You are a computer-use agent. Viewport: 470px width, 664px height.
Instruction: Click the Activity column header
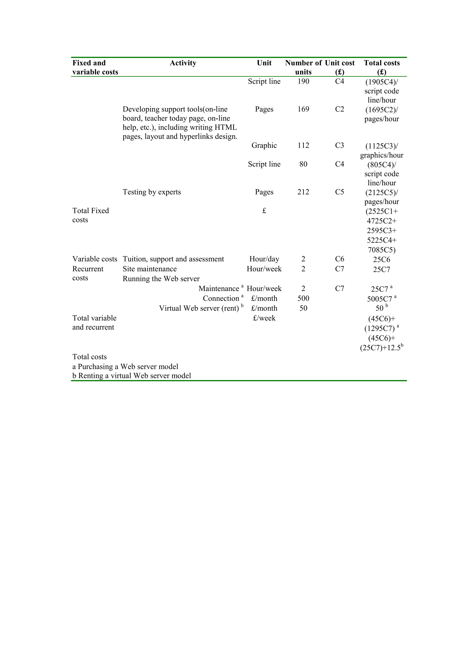click(183, 63)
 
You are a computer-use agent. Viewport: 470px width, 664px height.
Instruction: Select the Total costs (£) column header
click(381, 67)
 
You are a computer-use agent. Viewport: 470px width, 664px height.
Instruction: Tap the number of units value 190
click(303, 82)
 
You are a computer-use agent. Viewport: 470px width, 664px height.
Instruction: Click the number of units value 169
click(303, 109)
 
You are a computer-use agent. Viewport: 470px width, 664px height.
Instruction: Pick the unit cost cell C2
click(339, 109)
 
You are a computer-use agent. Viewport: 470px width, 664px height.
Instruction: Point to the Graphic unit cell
click(264, 145)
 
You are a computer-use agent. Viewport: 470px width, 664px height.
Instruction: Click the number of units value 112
click(303, 145)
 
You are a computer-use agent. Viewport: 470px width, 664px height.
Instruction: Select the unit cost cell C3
click(339, 145)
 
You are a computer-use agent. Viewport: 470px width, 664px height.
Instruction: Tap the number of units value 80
click(303, 164)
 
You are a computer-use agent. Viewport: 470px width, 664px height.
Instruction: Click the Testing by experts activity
click(151, 192)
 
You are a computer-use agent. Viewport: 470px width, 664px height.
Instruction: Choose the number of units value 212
click(303, 192)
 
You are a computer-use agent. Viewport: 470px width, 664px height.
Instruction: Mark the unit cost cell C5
click(339, 192)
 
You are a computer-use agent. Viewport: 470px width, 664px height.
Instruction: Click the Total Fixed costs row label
click(90, 215)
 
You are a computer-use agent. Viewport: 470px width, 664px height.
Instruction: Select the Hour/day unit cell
click(264, 259)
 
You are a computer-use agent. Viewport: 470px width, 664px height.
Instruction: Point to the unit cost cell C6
click(339, 259)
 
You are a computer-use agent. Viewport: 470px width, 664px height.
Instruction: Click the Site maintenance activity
click(149, 269)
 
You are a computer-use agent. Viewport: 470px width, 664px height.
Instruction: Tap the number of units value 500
click(303, 299)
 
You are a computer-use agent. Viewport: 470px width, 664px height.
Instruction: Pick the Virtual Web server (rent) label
click(199, 308)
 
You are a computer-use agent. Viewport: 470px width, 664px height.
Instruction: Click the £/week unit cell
click(264, 318)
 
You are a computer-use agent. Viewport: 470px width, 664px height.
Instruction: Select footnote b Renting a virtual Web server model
click(131, 376)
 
